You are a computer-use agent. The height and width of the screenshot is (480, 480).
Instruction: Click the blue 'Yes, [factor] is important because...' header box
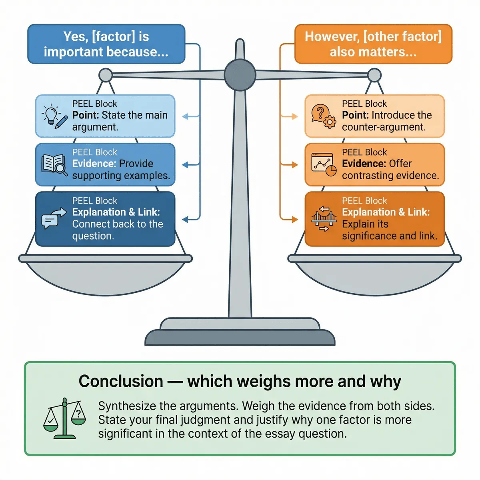tap(106, 44)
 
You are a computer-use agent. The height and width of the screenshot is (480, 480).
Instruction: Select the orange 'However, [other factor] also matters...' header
tap(373, 44)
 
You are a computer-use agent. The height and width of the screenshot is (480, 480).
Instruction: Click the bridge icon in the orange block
tap(323, 219)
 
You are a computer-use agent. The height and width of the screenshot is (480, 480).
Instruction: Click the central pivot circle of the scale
tap(240, 75)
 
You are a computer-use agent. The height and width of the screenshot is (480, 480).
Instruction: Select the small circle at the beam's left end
tap(106, 75)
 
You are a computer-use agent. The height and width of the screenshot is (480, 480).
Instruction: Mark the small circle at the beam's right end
tap(374, 75)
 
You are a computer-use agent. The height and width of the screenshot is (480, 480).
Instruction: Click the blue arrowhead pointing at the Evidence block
tap(185, 165)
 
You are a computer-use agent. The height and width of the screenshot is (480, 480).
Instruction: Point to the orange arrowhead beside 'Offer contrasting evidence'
tap(295, 165)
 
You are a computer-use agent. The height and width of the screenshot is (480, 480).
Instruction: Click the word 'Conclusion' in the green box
tap(121, 381)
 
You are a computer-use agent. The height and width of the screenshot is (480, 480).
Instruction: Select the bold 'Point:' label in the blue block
tap(86, 115)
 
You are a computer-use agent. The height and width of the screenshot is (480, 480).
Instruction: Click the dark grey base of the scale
tap(240, 338)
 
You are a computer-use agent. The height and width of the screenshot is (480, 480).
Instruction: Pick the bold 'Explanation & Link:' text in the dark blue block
tap(116, 212)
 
